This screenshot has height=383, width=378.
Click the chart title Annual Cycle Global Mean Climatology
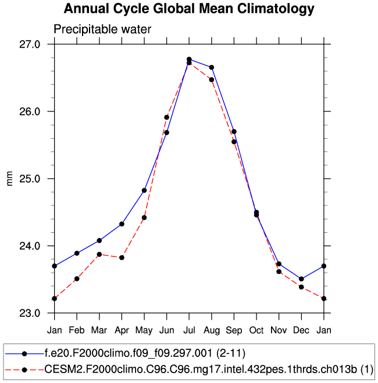(189, 9)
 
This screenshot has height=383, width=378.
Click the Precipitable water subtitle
(102, 29)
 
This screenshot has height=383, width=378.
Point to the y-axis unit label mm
(9, 179)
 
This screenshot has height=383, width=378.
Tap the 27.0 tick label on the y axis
(30, 44)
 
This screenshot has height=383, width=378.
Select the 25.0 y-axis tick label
(30, 179)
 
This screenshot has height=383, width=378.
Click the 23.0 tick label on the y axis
(30, 313)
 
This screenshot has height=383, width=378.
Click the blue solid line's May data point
(144, 190)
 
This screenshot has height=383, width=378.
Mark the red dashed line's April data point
(122, 257)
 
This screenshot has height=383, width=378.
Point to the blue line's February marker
(77, 253)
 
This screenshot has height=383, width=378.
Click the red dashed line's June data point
(166, 117)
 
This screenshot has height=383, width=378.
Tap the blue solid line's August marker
(212, 67)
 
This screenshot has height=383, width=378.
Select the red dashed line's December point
(301, 287)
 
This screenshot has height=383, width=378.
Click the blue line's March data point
(99, 240)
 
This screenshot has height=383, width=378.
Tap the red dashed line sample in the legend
(24, 369)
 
